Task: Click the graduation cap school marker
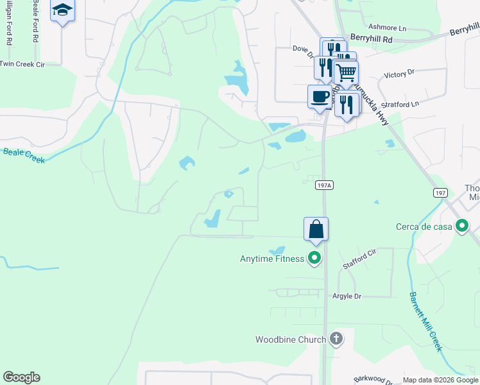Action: pyautogui.click(x=62, y=10)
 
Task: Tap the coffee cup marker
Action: pyautogui.click(x=320, y=97)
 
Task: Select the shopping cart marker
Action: pyautogui.click(x=346, y=73)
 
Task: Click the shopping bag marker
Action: pyautogui.click(x=316, y=229)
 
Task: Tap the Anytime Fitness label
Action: pyautogui.click(x=271, y=259)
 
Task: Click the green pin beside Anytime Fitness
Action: pyautogui.click(x=314, y=259)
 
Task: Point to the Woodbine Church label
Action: pyautogui.click(x=291, y=339)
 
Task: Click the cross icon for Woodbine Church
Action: pyautogui.click(x=336, y=339)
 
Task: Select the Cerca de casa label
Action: pyautogui.click(x=424, y=226)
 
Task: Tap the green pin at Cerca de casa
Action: pyautogui.click(x=461, y=226)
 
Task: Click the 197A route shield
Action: pyautogui.click(x=325, y=185)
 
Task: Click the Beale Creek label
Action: pyautogui.click(x=24, y=155)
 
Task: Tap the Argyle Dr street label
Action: pyautogui.click(x=347, y=296)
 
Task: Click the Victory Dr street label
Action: pyautogui.click(x=395, y=75)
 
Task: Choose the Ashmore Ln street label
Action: pyautogui.click(x=388, y=28)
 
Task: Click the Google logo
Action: pyautogui.click(x=21, y=377)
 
